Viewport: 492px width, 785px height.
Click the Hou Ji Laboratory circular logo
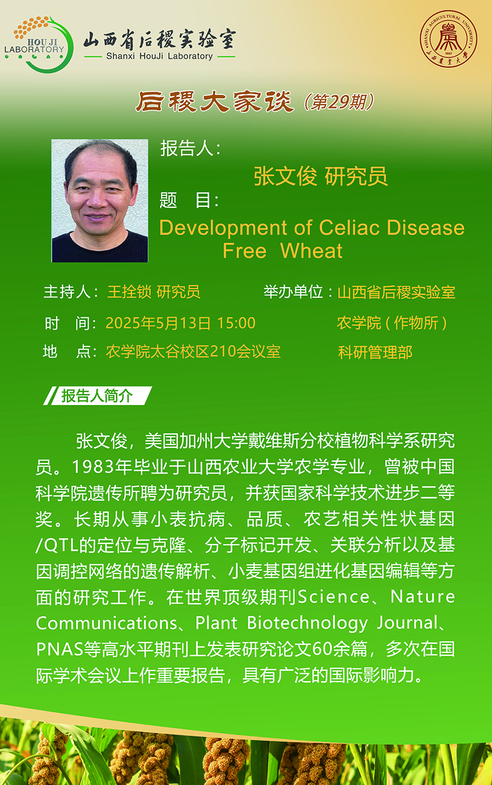[x=39, y=45]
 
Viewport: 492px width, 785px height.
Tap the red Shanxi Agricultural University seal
[x=448, y=39]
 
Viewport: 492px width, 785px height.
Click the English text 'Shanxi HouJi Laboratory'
[x=159, y=56]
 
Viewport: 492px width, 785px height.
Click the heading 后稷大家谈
[x=215, y=101]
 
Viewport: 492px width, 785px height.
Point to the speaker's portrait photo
[x=100, y=200]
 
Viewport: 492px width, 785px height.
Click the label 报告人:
[x=190, y=148]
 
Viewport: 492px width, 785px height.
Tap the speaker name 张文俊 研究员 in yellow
[x=321, y=176]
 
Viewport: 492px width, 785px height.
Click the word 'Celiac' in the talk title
[x=349, y=228]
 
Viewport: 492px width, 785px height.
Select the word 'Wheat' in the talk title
[x=311, y=251]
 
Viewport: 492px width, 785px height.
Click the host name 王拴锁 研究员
[x=153, y=292]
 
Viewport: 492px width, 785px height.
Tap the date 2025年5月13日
[x=158, y=323]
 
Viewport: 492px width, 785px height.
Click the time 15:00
[x=236, y=323]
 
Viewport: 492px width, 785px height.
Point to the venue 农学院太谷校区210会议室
[x=193, y=352]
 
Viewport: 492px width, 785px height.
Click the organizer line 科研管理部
[x=375, y=352]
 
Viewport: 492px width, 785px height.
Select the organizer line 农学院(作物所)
[x=392, y=323]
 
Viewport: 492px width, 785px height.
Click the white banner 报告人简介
[x=97, y=396]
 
